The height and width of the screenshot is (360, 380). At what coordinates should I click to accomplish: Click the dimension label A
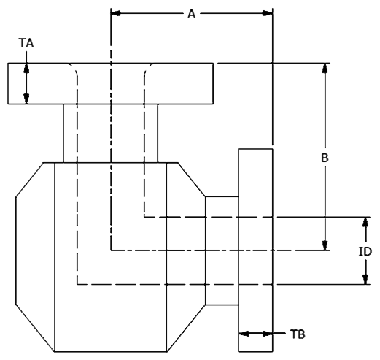[x=192, y=14]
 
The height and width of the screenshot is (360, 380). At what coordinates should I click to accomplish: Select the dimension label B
[x=325, y=158]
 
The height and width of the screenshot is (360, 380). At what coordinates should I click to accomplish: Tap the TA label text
[x=26, y=43]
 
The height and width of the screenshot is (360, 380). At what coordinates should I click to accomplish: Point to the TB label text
[x=298, y=334]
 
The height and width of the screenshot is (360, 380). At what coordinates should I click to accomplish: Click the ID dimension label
[x=365, y=251]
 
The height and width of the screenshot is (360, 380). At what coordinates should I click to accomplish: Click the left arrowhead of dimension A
[x=115, y=13]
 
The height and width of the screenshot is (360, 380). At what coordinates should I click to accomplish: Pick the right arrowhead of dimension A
[x=268, y=13]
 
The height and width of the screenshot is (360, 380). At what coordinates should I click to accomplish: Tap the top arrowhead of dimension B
[x=325, y=68]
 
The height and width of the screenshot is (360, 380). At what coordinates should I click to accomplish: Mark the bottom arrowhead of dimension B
[x=325, y=245]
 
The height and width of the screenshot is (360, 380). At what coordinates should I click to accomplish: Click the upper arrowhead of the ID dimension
[x=365, y=221]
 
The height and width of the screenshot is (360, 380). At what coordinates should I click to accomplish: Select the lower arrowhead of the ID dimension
[x=365, y=280]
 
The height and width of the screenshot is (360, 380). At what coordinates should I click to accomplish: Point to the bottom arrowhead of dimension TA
[x=26, y=99]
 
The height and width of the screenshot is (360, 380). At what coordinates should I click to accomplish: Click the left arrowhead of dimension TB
[x=244, y=334]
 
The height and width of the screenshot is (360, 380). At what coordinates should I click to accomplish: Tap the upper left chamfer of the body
[x=30, y=180]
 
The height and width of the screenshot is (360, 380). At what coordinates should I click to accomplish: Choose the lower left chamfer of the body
[x=35, y=328]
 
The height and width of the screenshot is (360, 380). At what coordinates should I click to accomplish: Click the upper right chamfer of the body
[x=192, y=179]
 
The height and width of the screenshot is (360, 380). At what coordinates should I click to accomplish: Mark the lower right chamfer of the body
[x=186, y=328]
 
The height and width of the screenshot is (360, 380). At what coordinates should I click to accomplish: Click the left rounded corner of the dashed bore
[x=74, y=69]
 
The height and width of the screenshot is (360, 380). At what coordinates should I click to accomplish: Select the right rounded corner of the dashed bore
[x=148, y=69]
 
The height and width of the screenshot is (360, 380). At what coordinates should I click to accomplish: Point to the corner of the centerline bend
[x=111, y=250]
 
